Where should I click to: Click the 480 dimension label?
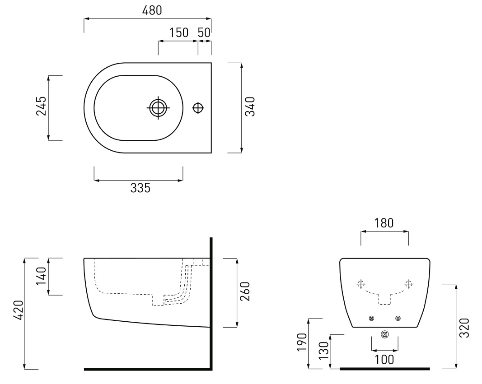tap(152, 10)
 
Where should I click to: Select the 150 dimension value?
tap(179, 32)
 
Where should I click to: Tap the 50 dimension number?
tap(204, 32)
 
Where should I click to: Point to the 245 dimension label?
tap(42, 106)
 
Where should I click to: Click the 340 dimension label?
tap(250, 106)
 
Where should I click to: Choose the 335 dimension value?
tap(140, 188)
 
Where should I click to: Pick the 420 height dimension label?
tap(19, 310)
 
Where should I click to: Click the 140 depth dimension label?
tap(42, 276)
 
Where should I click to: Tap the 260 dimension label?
tap(245, 291)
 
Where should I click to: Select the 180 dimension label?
tap(384, 223)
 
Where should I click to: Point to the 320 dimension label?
tap(464, 328)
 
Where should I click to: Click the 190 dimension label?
tap(302, 342)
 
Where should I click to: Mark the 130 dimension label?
tap(324, 351)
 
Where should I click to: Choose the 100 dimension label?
tap(384, 360)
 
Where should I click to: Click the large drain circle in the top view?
tap(158, 108)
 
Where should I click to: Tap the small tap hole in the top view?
tap(198, 108)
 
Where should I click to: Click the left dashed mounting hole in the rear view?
tap(360, 284)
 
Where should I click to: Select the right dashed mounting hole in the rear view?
tap(408, 284)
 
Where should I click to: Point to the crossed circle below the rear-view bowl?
tap(384, 334)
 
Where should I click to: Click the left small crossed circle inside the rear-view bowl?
tap(371, 318)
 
